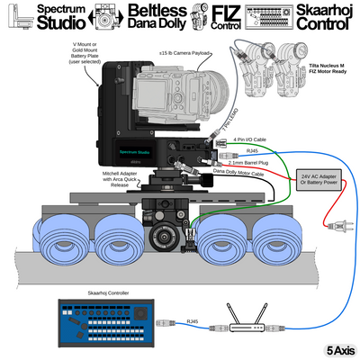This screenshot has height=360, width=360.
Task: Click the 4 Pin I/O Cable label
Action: (x=249, y=139)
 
